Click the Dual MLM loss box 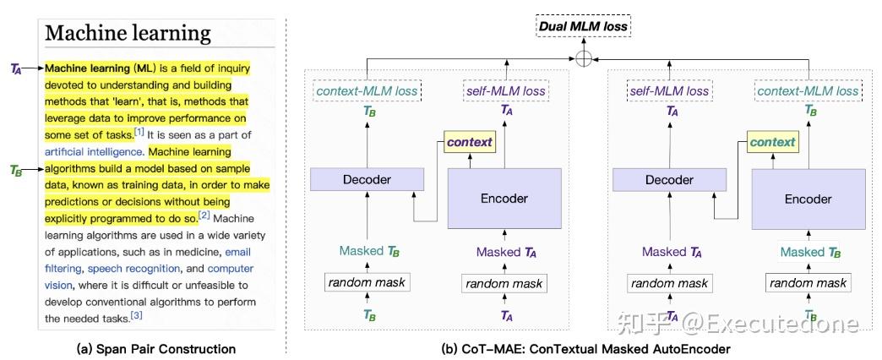click(584, 26)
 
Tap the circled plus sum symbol click(584, 58)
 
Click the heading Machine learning click(128, 33)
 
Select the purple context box click(469, 142)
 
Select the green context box click(772, 142)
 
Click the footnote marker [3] click(137, 316)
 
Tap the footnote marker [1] click(139, 132)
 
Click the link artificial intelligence click(95, 152)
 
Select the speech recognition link click(133, 269)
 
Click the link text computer click(231, 269)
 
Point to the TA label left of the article click(16, 68)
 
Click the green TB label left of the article click(16, 170)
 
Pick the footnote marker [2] click(204, 215)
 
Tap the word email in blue click(238, 252)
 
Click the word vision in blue click(58, 285)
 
